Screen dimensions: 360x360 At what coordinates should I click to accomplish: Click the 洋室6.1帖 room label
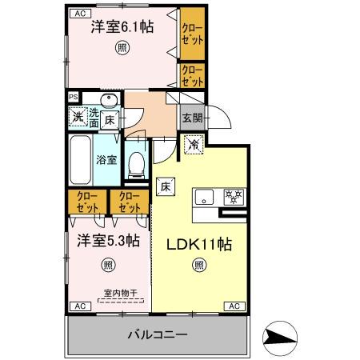[x=122, y=26]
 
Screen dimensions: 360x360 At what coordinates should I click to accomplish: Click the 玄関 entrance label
[x=191, y=118]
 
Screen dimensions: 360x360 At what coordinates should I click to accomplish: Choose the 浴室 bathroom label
[x=107, y=158]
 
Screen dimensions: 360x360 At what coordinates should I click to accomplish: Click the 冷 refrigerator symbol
[x=193, y=145]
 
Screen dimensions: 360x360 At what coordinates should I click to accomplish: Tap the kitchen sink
[x=203, y=196]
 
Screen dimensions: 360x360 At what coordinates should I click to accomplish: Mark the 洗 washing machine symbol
[x=78, y=118]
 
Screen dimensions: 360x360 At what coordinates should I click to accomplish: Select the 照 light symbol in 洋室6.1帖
[x=122, y=48]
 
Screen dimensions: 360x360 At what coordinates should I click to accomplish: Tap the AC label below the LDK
[x=235, y=306]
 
